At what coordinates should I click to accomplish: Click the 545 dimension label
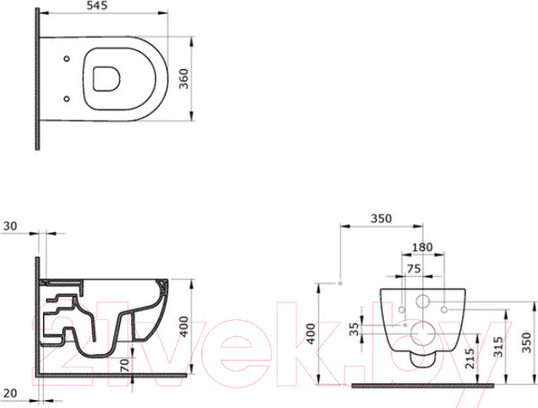(x=97, y=5)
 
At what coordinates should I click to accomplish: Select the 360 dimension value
(x=184, y=79)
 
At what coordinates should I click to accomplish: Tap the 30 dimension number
(x=10, y=226)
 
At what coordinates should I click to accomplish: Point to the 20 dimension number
(x=10, y=394)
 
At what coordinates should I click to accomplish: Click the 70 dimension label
(x=125, y=365)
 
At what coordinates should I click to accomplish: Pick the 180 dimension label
(x=422, y=247)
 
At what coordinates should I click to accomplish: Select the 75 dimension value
(x=413, y=268)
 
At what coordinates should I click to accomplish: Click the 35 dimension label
(x=354, y=329)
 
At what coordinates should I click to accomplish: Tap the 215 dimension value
(x=470, y=359)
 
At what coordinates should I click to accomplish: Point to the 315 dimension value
(x=499, y=347)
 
